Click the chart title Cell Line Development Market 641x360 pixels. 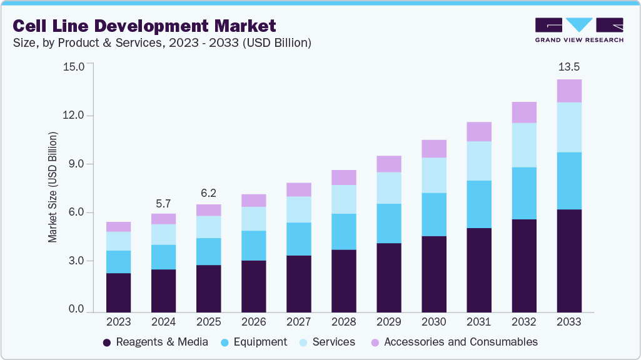[144, 26]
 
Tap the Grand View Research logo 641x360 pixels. [578, 30]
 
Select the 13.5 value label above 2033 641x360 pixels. [568, 67]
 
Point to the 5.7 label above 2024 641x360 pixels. [163, 203]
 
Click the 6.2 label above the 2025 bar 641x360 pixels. [208, 194]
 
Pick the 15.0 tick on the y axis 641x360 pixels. [73, 66]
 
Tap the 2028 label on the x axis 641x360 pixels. [343, 322]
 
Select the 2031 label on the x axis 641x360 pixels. [478, 322]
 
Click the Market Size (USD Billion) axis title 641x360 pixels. [53, 187]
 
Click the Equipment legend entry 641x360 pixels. [255, 342]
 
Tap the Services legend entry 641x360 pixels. [326, 342]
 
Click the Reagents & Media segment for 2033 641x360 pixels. [569, 261]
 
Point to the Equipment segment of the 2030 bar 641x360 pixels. [434, 214]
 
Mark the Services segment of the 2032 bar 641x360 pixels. [524, 145]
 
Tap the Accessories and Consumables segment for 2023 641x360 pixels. [118, 227]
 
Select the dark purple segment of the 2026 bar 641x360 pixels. [253, 286]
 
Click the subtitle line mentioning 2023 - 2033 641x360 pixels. [162, 43]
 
